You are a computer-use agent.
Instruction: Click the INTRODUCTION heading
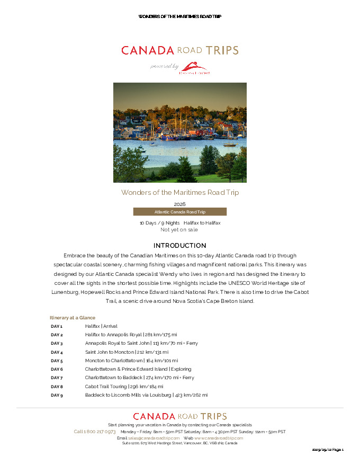[x=179, y=246]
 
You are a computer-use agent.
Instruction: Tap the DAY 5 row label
[x=57, y=361]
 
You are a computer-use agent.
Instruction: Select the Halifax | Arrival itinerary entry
[x=101, y=326]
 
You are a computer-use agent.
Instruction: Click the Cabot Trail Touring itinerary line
[x=124, y=387]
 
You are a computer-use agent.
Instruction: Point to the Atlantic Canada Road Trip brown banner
[x=179, y=212]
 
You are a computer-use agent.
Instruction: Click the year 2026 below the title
[x=179, y=204]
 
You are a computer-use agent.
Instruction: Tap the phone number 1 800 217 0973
[x=95, y=432]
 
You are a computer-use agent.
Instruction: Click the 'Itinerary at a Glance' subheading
[x=73, y=318]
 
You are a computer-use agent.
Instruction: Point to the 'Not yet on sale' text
[x=179, y=230]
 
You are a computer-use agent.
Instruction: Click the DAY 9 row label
[x=57, y=395]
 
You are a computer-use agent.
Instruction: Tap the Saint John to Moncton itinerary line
[x=127, y=352]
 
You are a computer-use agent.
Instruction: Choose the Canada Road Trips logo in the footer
[x=179, y=417]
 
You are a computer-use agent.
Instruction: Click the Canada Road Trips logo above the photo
[x=179, y=50]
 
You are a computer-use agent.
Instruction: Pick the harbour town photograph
[x=179, y=132]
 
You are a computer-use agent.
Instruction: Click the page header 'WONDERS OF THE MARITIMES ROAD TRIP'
[x=179, y=16]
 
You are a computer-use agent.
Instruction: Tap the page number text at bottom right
[x=328, y=450]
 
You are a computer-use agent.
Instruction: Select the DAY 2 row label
[x=57, y=335]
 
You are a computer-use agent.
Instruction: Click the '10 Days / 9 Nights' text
[x=159, y=223]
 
